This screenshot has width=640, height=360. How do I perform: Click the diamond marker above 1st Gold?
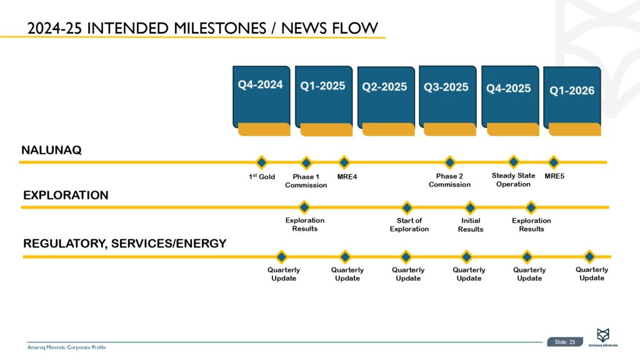coord(262,162)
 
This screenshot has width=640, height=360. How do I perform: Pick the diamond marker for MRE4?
coord(343,162)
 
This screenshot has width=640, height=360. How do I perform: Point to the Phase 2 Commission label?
coord(449,180)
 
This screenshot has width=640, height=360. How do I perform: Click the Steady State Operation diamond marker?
coord(513,162)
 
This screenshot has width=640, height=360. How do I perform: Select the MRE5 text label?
coord(554,176)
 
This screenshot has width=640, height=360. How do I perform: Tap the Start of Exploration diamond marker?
coord(407,207)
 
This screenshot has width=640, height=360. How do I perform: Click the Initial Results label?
coord(470,225)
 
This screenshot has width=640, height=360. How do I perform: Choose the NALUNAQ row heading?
coord(52,151)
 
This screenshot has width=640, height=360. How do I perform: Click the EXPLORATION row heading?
coord(66,196)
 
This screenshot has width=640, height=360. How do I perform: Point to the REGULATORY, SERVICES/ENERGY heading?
coord(124,244)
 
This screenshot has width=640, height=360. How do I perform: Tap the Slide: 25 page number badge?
coord(564,342)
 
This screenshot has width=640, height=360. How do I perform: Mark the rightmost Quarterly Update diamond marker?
coord(589,256)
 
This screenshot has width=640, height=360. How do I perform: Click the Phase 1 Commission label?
coord(306,181)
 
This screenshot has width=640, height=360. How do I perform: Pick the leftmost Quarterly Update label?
coord(284,274)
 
